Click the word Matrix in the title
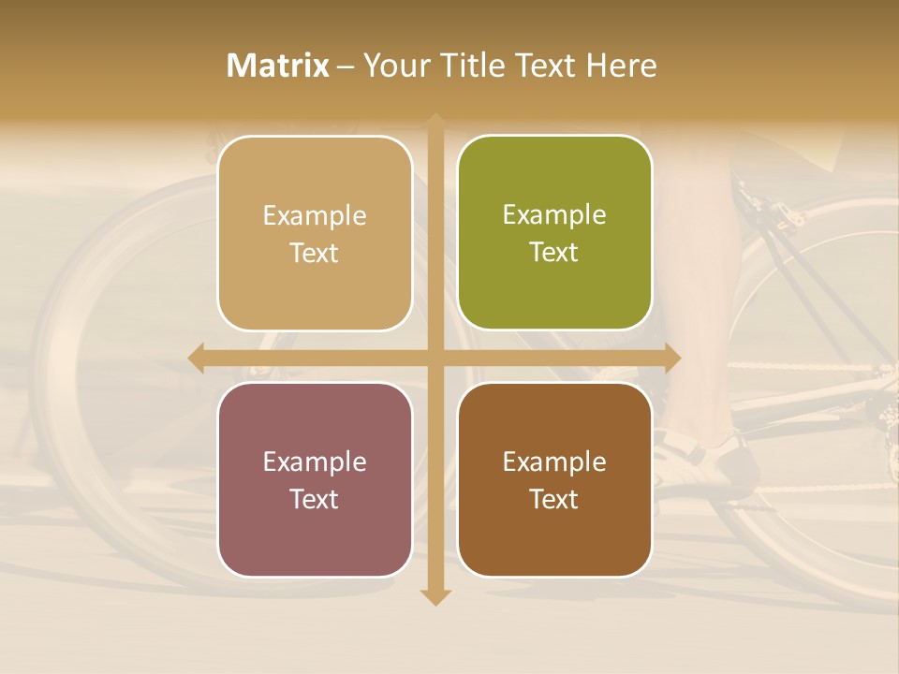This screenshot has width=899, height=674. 278,66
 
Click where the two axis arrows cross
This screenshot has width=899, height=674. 435,358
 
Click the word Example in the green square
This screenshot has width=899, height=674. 554,215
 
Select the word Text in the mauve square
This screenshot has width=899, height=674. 314,499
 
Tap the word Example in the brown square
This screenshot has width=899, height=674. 554,462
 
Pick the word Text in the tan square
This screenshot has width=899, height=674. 314,253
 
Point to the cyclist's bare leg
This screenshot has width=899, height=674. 698,281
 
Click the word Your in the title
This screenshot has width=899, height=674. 388,66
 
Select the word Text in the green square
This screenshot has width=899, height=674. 553,253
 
